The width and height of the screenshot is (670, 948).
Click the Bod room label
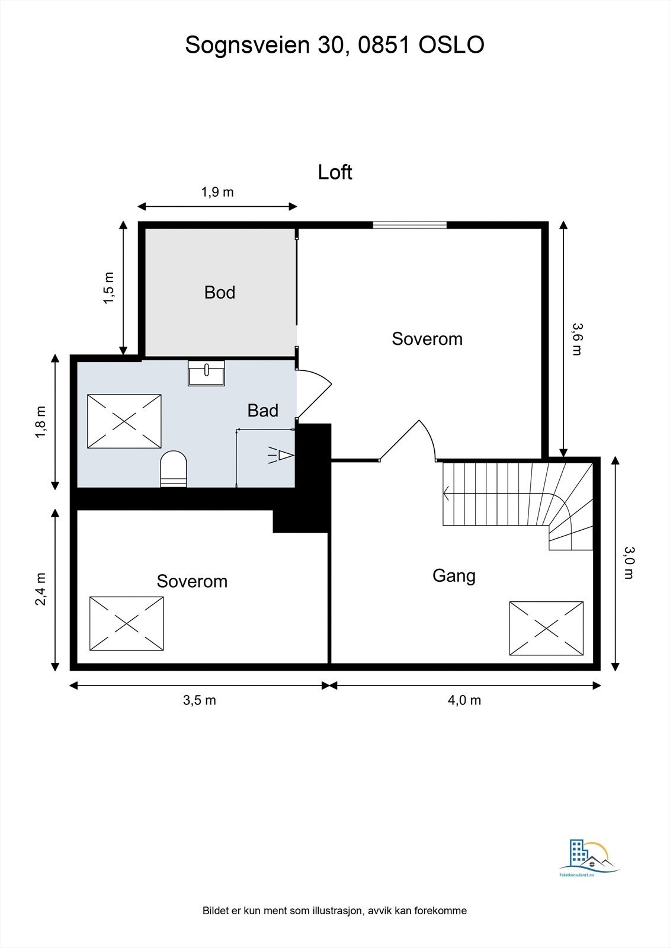pyautogui.click(x=220, y=292)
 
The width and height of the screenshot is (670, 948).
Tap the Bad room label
pyautogui.click(x=262, y=410)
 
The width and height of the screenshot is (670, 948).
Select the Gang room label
pyautogui.click(x=454, y=575)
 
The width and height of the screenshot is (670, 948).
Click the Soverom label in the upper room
pyautogui.click(x=427, y=339)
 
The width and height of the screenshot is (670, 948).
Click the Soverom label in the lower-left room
pyautogui.click(x=192, y=581)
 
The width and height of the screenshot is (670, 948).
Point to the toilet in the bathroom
pyautogui.click(x=174, y=469)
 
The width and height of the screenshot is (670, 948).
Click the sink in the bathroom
pyautogui.click(x=206, y=373)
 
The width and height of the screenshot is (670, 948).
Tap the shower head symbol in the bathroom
pyautogui.click(x=282, y=455)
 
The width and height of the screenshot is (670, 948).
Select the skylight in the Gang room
pyautogui.click(x=546, y=628)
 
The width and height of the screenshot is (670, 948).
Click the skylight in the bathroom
pyautogui.click(x=124, y=421)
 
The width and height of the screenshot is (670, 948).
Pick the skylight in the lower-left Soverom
pyautogui.click(x=126, y=623)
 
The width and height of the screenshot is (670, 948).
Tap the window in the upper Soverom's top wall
pyautogui.click(x=409, y=225)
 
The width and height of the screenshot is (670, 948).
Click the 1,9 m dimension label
pyautogui.click(x=217, y=192)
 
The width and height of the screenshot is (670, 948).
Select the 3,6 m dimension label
pyautogui.click(x=576, y=338)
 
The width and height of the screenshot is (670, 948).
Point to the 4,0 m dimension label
pyautogui.click(x=464, y=700)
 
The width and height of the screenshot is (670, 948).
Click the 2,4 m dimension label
pyautogui.click(x=40, y=589)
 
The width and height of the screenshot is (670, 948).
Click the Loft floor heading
pyautogui.click(x=335, y=172)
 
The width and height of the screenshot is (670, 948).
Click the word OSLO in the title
pyautogui.click(x=451, y=45)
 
